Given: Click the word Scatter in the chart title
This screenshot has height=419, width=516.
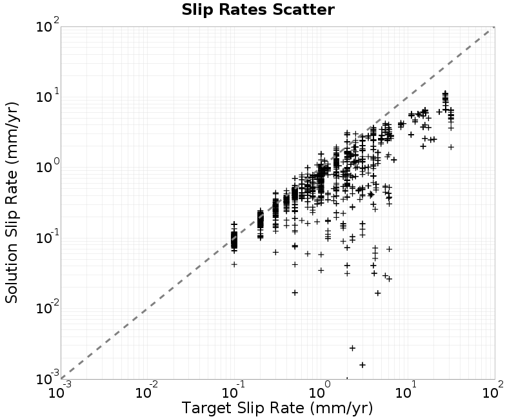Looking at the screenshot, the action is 303,10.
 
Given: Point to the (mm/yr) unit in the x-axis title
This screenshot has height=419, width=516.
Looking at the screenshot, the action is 341,408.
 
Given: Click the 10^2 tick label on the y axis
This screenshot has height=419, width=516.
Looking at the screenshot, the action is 48,25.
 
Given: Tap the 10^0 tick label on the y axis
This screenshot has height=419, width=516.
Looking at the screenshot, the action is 48,166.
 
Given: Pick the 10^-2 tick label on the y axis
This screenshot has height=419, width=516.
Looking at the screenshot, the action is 48,307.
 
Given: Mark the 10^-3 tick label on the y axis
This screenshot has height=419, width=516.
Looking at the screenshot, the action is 48,378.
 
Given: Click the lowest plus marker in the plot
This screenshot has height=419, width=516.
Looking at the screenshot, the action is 362,365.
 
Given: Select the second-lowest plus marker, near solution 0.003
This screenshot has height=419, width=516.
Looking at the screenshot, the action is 352,348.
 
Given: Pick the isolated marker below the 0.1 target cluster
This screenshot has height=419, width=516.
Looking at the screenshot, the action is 234,264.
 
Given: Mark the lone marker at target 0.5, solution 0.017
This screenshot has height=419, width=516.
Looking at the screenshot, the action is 295,293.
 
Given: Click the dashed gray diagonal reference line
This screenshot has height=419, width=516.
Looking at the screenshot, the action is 278,203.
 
